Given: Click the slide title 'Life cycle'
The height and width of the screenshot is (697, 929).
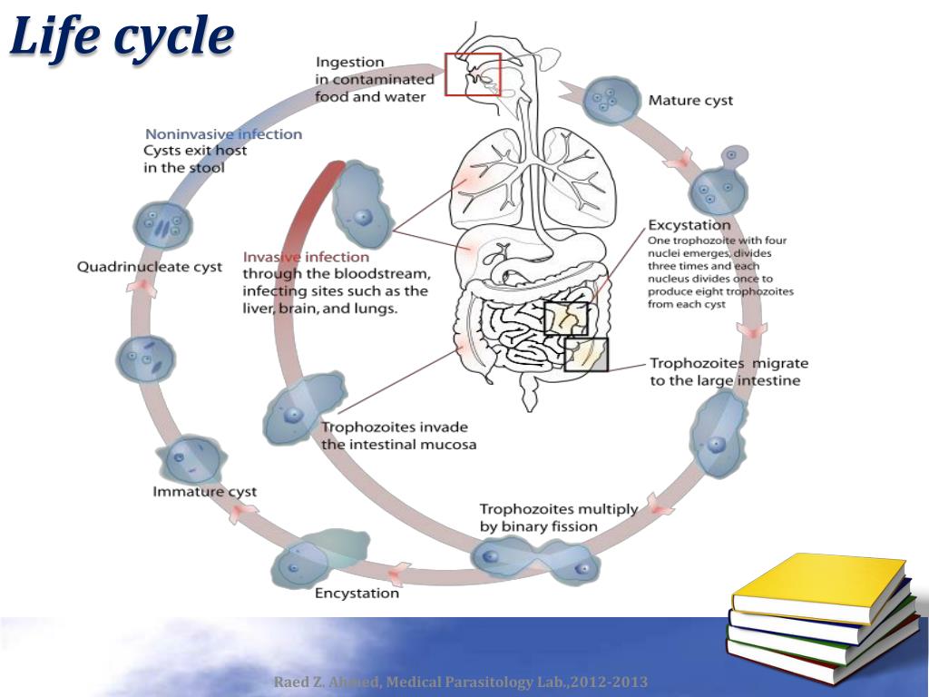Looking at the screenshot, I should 122,38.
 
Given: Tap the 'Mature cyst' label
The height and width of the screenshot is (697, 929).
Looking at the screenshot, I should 690,100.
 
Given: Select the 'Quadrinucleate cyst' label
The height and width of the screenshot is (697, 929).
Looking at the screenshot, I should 149,266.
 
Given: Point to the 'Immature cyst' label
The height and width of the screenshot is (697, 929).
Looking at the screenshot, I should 204,492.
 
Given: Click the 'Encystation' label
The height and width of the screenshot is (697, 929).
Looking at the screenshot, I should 357,594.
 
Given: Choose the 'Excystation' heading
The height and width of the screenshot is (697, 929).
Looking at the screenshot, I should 689,224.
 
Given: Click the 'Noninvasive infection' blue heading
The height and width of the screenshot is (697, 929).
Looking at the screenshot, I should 223,134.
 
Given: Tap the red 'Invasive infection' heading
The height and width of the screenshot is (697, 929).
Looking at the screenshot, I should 306,257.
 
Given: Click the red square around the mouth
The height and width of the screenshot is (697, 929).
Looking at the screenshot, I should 472,74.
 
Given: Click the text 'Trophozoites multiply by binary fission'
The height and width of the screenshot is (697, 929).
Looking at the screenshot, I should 558,517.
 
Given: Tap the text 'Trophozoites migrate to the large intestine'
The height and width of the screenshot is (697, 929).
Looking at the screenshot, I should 728,371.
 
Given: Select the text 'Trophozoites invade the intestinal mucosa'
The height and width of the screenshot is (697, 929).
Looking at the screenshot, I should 398,436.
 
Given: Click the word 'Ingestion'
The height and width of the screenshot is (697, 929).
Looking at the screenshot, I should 349,63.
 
